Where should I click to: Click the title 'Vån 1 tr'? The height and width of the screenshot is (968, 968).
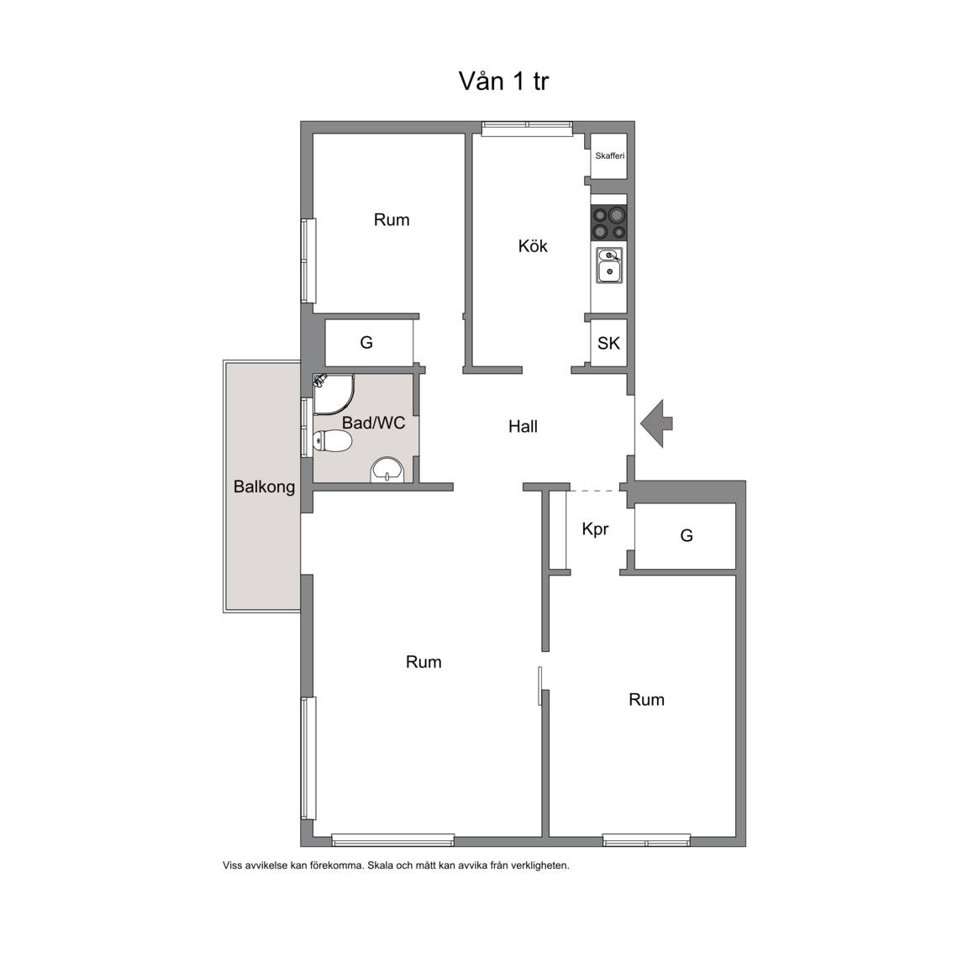(x=503, y=81)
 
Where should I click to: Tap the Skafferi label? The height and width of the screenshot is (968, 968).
(x=609, y=155)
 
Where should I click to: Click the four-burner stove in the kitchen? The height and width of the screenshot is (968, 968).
(x=609, y=223)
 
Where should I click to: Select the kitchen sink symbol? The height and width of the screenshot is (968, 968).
(x=609, y=265)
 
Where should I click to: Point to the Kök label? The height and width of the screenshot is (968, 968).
(x=533, y=245)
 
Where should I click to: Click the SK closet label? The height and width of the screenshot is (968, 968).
(x=608, y=343)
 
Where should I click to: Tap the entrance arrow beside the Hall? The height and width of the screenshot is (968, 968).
(x=656, y=423)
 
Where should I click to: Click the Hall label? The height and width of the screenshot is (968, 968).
(x=523, y=426)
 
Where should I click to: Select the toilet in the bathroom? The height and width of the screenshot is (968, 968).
(x=332, y=441)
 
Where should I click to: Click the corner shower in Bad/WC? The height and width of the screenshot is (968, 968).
(x=334, y=394)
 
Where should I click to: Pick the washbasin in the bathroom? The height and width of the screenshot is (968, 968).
(x=387, y=470)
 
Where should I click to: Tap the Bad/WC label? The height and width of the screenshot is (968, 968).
(x=373, y=423)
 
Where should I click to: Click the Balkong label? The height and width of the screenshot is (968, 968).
(x=264, y=487)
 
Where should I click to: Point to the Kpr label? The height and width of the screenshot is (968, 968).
(x=595, y=529)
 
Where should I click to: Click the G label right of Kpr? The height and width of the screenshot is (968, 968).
(x=687, y=535)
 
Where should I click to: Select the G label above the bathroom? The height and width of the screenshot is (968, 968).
(x=366, y=343)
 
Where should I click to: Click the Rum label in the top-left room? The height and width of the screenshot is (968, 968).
(x=392, y=220)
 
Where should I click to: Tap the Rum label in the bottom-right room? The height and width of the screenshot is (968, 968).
(x=646, y=699)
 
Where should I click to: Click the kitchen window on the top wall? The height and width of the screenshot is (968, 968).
(x=527, y=128)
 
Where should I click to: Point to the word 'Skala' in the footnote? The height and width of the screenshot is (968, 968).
(x=381, y=865)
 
